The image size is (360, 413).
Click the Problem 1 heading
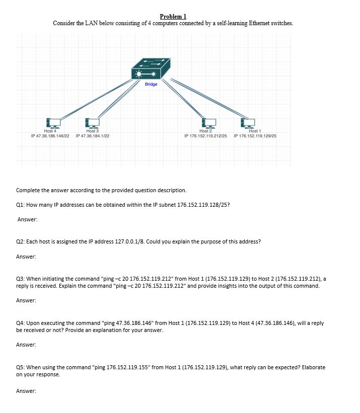(173, 17)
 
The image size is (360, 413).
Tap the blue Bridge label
(151, 84)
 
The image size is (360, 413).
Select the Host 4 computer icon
(53, 123)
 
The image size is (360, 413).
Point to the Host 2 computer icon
(208, 123)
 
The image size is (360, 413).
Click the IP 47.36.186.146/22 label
(50, 136)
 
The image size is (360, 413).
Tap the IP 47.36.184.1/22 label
(93, 136)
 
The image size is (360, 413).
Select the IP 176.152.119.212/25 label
(205, 136)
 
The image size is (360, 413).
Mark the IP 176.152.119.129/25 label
(255, 136)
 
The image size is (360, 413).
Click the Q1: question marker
(21, 205)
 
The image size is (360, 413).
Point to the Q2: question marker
(21, 241)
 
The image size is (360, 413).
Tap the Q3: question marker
(21, 278)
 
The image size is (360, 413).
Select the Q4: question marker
(21, 323)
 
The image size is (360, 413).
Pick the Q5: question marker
(21, 367)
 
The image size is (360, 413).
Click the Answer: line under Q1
(28, 219)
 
